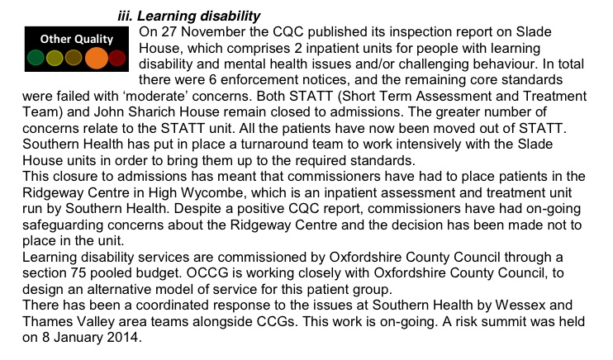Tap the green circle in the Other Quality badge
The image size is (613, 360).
tap(36, 59)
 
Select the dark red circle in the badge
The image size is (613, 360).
tap(116, 59)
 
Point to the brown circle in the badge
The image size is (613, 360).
tap(74, 59)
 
